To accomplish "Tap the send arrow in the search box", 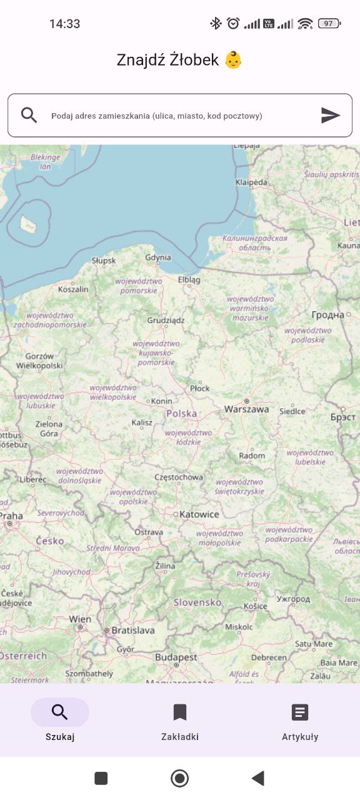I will pos(331,115).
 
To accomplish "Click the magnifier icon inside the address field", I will pos(29,115).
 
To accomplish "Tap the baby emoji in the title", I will pos(233,60).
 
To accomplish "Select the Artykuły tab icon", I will pos(300,712).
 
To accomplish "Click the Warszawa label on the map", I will pos(247,409).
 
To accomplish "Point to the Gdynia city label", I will pos(157,257).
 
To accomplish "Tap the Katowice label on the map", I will pos(199,514).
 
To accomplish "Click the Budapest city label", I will pos(176,657).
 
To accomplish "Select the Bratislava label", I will pos(132,631).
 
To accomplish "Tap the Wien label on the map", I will pos(80,619).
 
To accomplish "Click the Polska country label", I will pos(181,414).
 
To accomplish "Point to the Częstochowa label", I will pos(179,477).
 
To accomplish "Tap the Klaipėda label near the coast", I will pos(251,182).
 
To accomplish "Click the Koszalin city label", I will pos(73,289).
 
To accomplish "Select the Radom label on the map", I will pos(252,456).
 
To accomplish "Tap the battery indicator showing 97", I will pos(329,24).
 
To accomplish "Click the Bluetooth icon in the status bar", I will pos(216,24).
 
